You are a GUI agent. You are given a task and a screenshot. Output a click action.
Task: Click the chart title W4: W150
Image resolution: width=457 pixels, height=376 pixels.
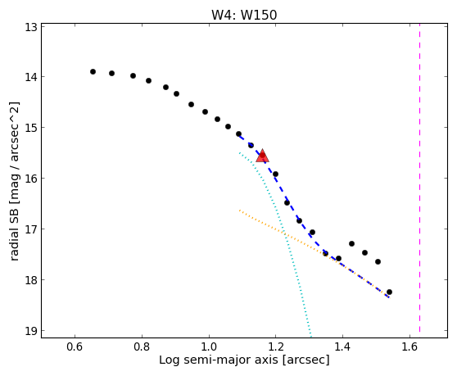point(244,15)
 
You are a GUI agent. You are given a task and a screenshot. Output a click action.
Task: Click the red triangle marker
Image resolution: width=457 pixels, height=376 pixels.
point(262,156)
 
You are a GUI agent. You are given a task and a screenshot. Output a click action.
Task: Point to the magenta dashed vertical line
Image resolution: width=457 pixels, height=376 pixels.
point(419,178)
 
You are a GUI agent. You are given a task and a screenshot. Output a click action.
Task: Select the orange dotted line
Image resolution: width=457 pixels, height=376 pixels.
point(314,254)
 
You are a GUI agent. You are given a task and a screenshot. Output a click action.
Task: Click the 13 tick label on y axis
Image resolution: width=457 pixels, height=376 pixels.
point(30,28)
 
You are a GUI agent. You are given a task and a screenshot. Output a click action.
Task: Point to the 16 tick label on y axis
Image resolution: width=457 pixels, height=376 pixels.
point(30,178)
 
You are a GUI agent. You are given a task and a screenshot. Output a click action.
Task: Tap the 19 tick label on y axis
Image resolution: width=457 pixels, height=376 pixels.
point(30,330)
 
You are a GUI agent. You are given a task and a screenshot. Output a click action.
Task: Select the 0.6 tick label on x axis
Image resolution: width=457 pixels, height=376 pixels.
point(75,347)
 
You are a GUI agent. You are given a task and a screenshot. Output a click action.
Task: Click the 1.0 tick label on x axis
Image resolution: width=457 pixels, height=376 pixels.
point(209,347)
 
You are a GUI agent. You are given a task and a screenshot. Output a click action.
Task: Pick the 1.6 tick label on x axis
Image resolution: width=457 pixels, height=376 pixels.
point(409,347)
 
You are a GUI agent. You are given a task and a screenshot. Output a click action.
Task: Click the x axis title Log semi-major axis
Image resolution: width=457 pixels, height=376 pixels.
point(219,360)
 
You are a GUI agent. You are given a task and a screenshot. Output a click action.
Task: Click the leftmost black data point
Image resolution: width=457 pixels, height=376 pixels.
point(93,72)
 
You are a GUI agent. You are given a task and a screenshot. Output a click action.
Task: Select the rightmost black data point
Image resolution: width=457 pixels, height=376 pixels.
point(389,292)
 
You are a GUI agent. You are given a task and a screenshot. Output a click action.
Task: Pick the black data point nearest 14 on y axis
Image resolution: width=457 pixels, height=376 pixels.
point(133,76)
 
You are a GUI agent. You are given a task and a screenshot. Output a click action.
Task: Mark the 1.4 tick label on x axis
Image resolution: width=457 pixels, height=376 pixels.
point(342,347)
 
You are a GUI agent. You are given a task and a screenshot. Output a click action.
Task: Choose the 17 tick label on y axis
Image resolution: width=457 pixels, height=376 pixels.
point(30,229)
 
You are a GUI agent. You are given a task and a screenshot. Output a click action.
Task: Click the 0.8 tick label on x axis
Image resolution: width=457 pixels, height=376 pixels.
point(142,347)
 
